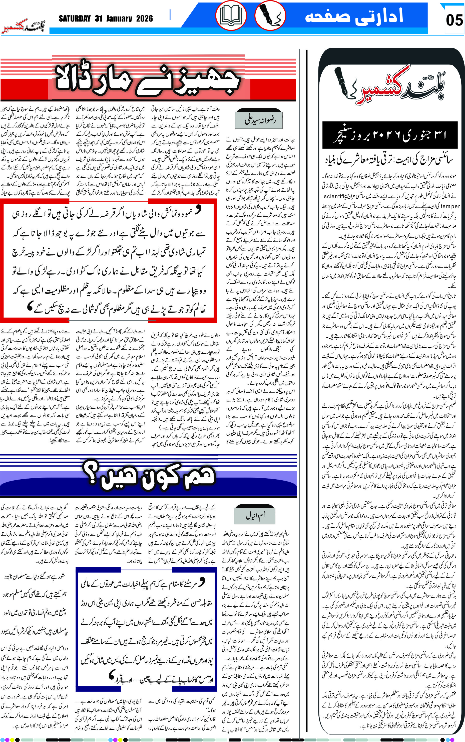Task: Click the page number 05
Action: (x=454, y=20)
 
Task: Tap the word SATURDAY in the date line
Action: (x=75, y=19)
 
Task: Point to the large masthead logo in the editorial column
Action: (x=390, y=88)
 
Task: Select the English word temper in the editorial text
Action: (x=450, y=207)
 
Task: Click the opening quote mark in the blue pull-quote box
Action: (x=201, y=581)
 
